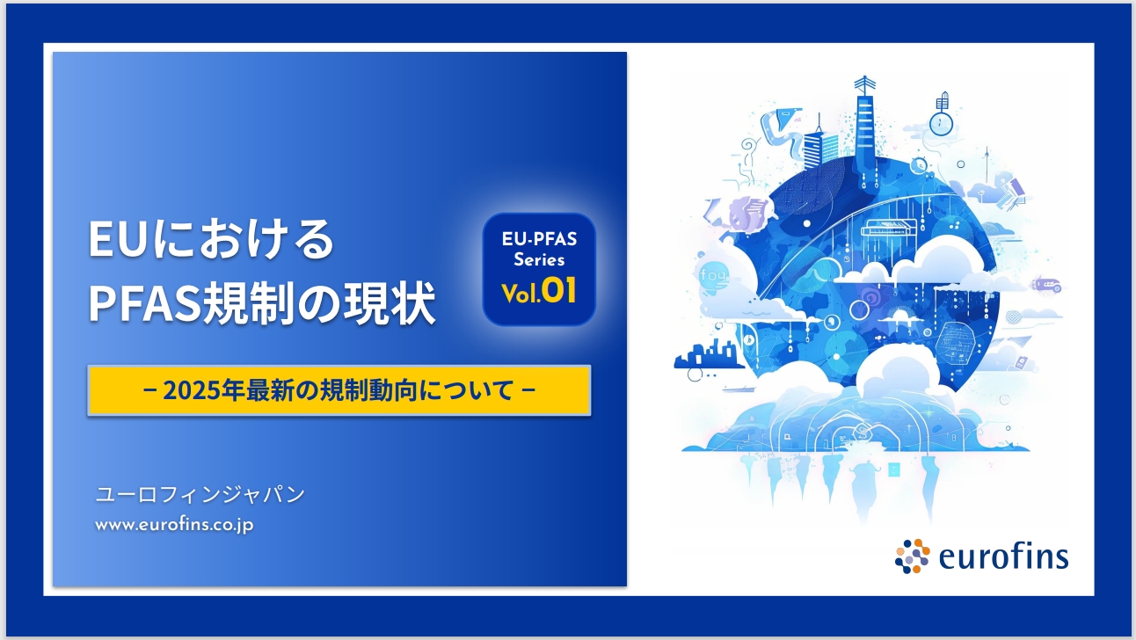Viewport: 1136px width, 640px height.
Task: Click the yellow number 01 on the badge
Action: (x=559, y=291)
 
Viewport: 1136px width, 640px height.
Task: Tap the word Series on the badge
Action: (x=539, y=259)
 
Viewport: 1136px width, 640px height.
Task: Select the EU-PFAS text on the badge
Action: (x=539, y=239)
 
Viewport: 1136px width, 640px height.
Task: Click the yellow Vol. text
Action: (x=521, y=293)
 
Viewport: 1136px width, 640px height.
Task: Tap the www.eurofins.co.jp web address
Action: (x=174, y=525)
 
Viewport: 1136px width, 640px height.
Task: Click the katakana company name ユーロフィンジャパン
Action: (x=200, y=494)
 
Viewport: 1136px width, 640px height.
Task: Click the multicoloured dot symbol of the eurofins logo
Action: (x=913, y=556)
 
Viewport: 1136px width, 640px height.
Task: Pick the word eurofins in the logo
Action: (x=1003, y=556)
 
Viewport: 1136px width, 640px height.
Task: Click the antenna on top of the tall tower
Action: (x=864, y=84)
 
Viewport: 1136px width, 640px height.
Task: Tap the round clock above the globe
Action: (x=941, y=123)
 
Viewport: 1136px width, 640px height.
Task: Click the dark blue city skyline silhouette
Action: (x=707, y=354)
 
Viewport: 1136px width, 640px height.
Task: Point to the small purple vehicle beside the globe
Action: (x=1046, y=285)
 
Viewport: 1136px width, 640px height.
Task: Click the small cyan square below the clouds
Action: (x=893, y=470)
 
